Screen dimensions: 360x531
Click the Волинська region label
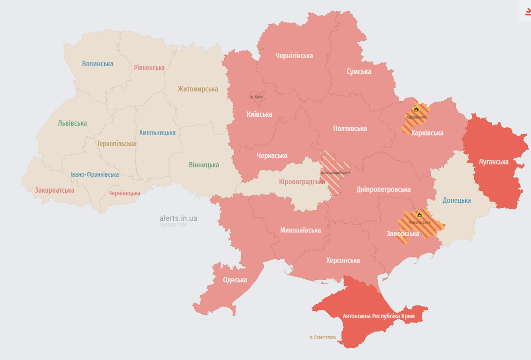click(98, 64)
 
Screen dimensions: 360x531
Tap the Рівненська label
click(149, 67)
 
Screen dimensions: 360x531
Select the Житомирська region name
click(197, 89)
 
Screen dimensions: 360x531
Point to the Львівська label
click(72, 123)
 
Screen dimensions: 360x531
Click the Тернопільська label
click(116, 144)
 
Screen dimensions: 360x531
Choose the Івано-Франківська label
click(94, 174)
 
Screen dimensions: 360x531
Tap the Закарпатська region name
click(54, 190)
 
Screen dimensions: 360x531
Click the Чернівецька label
click(124, 193)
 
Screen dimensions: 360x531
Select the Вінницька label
click(204, 165)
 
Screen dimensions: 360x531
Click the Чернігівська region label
click(294, 56)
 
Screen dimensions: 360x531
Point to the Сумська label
click(359, 72)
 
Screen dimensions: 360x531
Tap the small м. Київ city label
click(256, 97)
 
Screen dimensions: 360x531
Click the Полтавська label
click(349, 128)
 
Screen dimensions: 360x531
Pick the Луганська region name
click(493, 162)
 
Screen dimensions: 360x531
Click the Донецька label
click(456, 201)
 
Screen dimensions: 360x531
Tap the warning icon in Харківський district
click(416, 110)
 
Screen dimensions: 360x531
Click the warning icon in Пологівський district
click(420, 215)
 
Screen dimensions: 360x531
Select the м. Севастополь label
click(323, 337)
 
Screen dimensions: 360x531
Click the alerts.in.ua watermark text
click(178, 218)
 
